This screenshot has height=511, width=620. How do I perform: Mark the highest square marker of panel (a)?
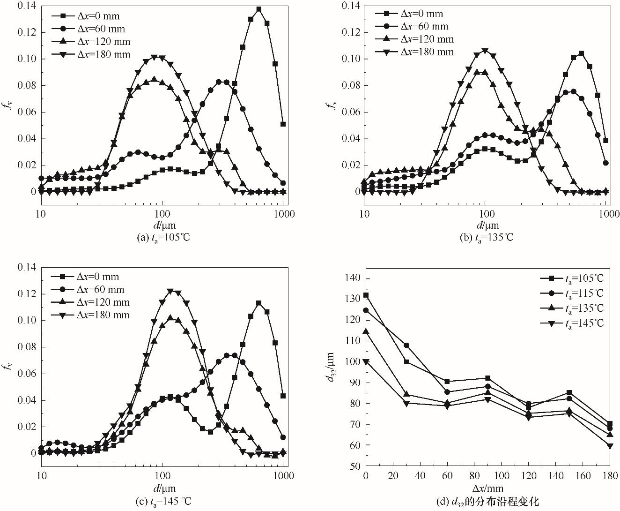259,9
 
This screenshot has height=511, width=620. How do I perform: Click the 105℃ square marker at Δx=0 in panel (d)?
366,295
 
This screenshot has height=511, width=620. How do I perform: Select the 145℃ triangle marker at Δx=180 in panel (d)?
609,446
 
